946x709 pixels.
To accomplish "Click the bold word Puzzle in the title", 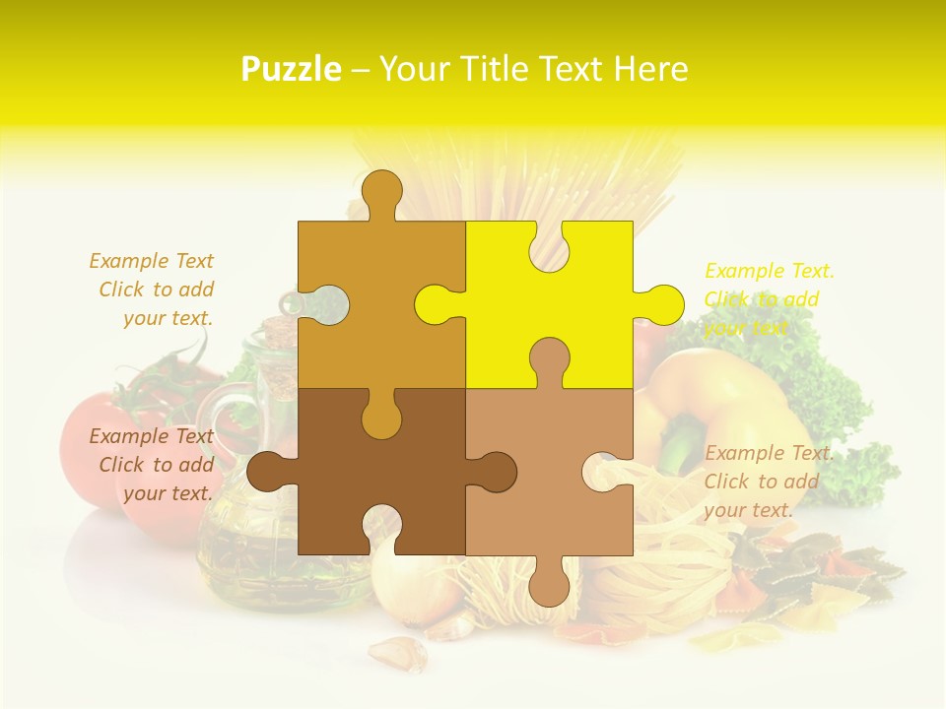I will pyautogui.click(x=292, y=69).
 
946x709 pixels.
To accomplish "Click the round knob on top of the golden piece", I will pyautogui.click(x=381, y=192).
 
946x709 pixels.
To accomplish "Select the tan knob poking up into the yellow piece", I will pyautogui.click(x=549, y=359).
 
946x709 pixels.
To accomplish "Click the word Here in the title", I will pyautogui.click(x=650, y=69).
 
